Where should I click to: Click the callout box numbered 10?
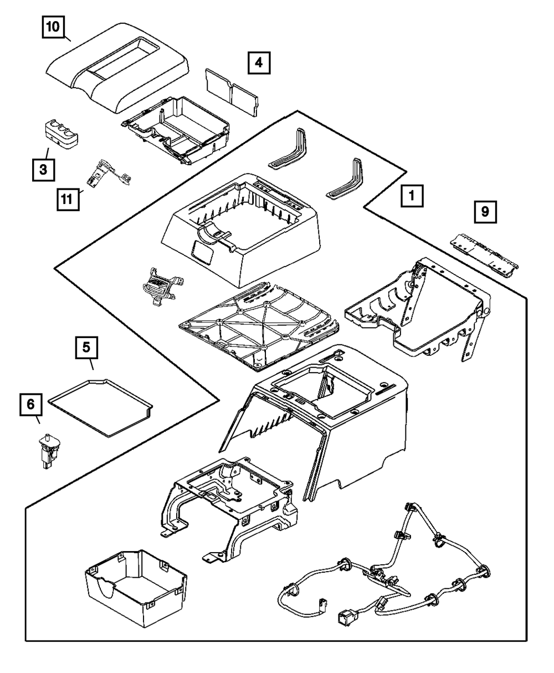point(53,27)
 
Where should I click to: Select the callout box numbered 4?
point(259,63)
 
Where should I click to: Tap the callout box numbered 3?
point(43,170)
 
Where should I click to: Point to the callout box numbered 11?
point(68,200)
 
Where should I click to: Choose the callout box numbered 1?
point(412,196)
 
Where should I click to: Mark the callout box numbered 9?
point(485,212)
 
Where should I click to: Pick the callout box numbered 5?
point(86,348)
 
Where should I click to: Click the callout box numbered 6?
point(31,404)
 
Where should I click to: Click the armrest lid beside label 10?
point(117,68)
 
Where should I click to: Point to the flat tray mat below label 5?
point(100,407)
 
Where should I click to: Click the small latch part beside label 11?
point(109,174)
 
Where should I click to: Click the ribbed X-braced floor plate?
point(259,326)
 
